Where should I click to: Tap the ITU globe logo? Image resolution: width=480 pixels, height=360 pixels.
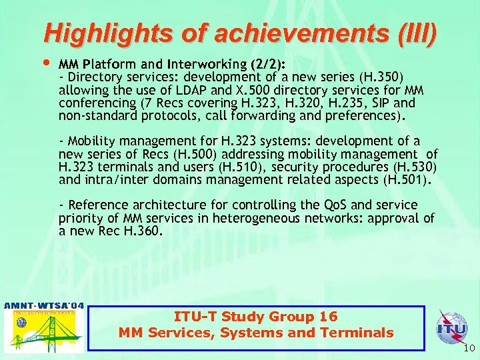pos(451,328)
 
